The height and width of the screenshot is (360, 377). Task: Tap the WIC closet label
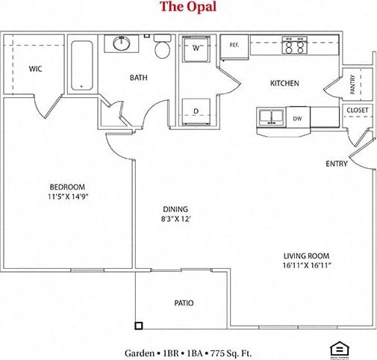click(x=35, y=69)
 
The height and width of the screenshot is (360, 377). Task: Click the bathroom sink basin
click(x=124, y=44)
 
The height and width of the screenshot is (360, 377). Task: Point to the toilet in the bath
click(x=162, y=49)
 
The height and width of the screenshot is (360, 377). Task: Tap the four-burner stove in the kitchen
click(x=293, y=46)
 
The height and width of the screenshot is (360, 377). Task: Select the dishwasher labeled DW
click(x=297, y=118)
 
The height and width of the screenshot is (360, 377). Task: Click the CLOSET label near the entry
click(x=356, y=111)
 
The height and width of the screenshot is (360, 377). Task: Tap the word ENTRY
click(x=336, y=164)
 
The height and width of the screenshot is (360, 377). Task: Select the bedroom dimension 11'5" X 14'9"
click(x=67, y=198)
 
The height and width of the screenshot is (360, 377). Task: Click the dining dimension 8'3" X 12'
click(x=176, y=220)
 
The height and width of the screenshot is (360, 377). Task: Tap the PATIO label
click(x=184, y=303)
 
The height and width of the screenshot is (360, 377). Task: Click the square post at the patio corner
click(x=138, y=325)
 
